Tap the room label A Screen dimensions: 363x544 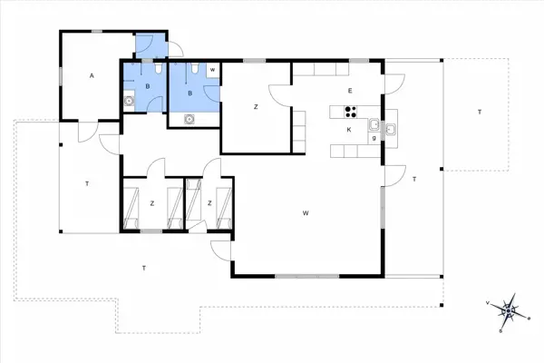(92, 76)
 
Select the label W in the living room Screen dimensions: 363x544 (307, 213)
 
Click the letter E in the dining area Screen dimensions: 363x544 (349, 91)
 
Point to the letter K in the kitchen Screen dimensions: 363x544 (349, 130)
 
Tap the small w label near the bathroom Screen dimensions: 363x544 (212, 69)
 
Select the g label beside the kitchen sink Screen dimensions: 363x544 (374, 138)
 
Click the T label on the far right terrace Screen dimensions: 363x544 (478, 111)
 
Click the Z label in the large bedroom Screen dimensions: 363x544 (257, 107)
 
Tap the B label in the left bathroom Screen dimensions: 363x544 (147, 86)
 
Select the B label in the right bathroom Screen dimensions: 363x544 (189, 93)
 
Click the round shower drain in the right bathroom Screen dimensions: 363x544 (189, 118)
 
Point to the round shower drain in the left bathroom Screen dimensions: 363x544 (130, 102)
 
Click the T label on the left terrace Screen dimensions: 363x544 (86, 183)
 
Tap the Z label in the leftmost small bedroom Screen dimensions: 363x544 (152, 202)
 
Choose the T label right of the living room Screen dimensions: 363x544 (413, 180)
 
